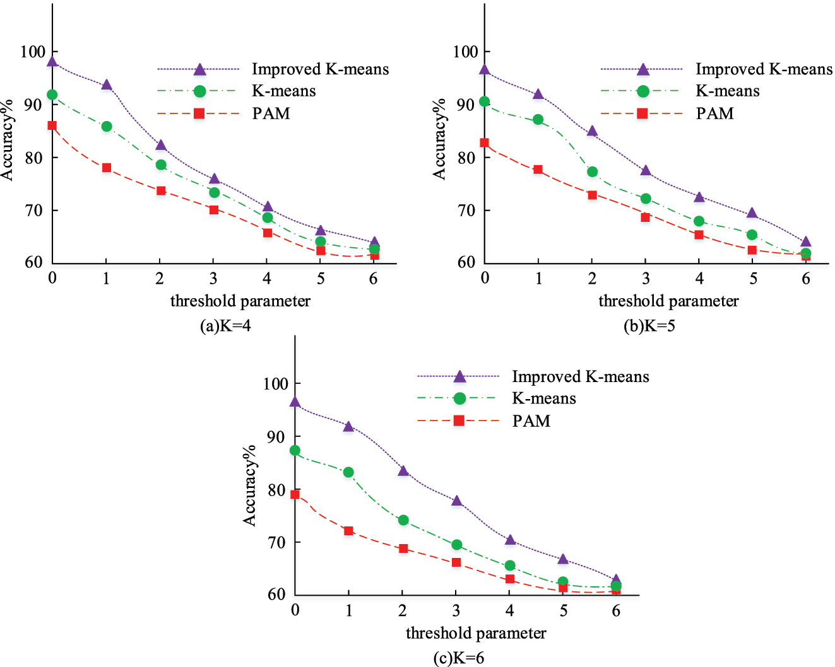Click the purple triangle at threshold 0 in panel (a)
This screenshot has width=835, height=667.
click(x=52, y=62)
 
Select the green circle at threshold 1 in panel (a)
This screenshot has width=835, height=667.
click(x=106, y=126)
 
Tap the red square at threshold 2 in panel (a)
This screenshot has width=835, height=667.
click(x=160, y=190)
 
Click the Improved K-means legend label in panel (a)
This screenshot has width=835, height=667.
click(x=320, y=69)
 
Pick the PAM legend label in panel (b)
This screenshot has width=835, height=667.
click(x=714, y=113)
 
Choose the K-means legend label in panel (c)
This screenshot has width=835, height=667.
click(x=543, y=398)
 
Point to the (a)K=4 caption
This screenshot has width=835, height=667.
click(x=225, y=326)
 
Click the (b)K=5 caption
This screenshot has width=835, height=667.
click(x=649, y=326)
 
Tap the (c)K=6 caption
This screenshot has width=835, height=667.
click(x=459, y=658)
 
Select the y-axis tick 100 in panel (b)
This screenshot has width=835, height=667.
click(x=465, y=52)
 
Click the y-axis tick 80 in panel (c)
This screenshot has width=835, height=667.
click(x=275, y=489)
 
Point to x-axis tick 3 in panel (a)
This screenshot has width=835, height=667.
click(x=213, y=278)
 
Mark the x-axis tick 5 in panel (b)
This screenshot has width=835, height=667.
click(x=752, y=278)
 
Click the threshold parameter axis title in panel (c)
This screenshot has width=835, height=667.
click(x=476, y=633)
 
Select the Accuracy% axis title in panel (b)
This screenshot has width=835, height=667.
click(x=439, y=139)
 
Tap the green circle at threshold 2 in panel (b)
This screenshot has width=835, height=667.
click(x=592, y=171)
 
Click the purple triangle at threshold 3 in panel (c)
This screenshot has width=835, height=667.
click(x=456, y=501)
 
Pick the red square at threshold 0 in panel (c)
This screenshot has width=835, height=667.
click(x=295, y=494)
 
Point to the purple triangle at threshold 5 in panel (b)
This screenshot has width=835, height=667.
click(x=752, y=214)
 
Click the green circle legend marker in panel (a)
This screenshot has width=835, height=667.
click(x=199, y=91)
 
